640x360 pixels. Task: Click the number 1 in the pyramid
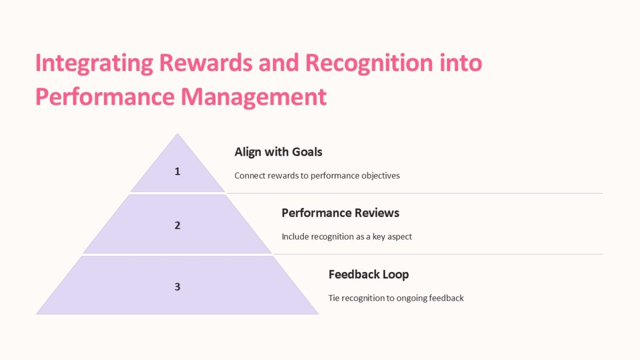pos(178,171)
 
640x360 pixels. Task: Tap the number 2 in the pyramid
pos(178,225)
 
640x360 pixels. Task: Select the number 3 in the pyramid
pos(178,286)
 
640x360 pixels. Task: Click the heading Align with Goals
pos(278,152)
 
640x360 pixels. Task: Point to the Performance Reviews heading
pos(340,213)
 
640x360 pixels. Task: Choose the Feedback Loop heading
pos(369,275)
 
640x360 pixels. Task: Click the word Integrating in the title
pos(94,63)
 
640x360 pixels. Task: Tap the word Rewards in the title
pos(206,63)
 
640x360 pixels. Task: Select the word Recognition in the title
pos(365,63)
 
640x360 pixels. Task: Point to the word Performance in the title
pos(105,97)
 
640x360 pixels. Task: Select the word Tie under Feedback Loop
pos(334,298)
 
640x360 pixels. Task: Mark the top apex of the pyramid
pos(178,134)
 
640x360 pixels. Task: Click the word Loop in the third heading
pos(397,275)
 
